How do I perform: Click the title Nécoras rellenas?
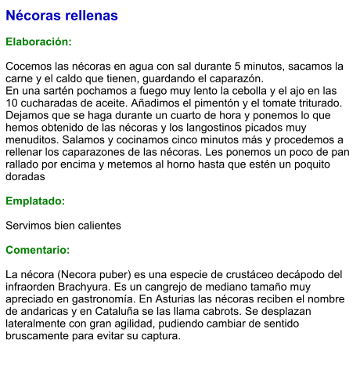point(62,16)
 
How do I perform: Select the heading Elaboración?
point(39,42)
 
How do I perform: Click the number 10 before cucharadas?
point(13,103)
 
